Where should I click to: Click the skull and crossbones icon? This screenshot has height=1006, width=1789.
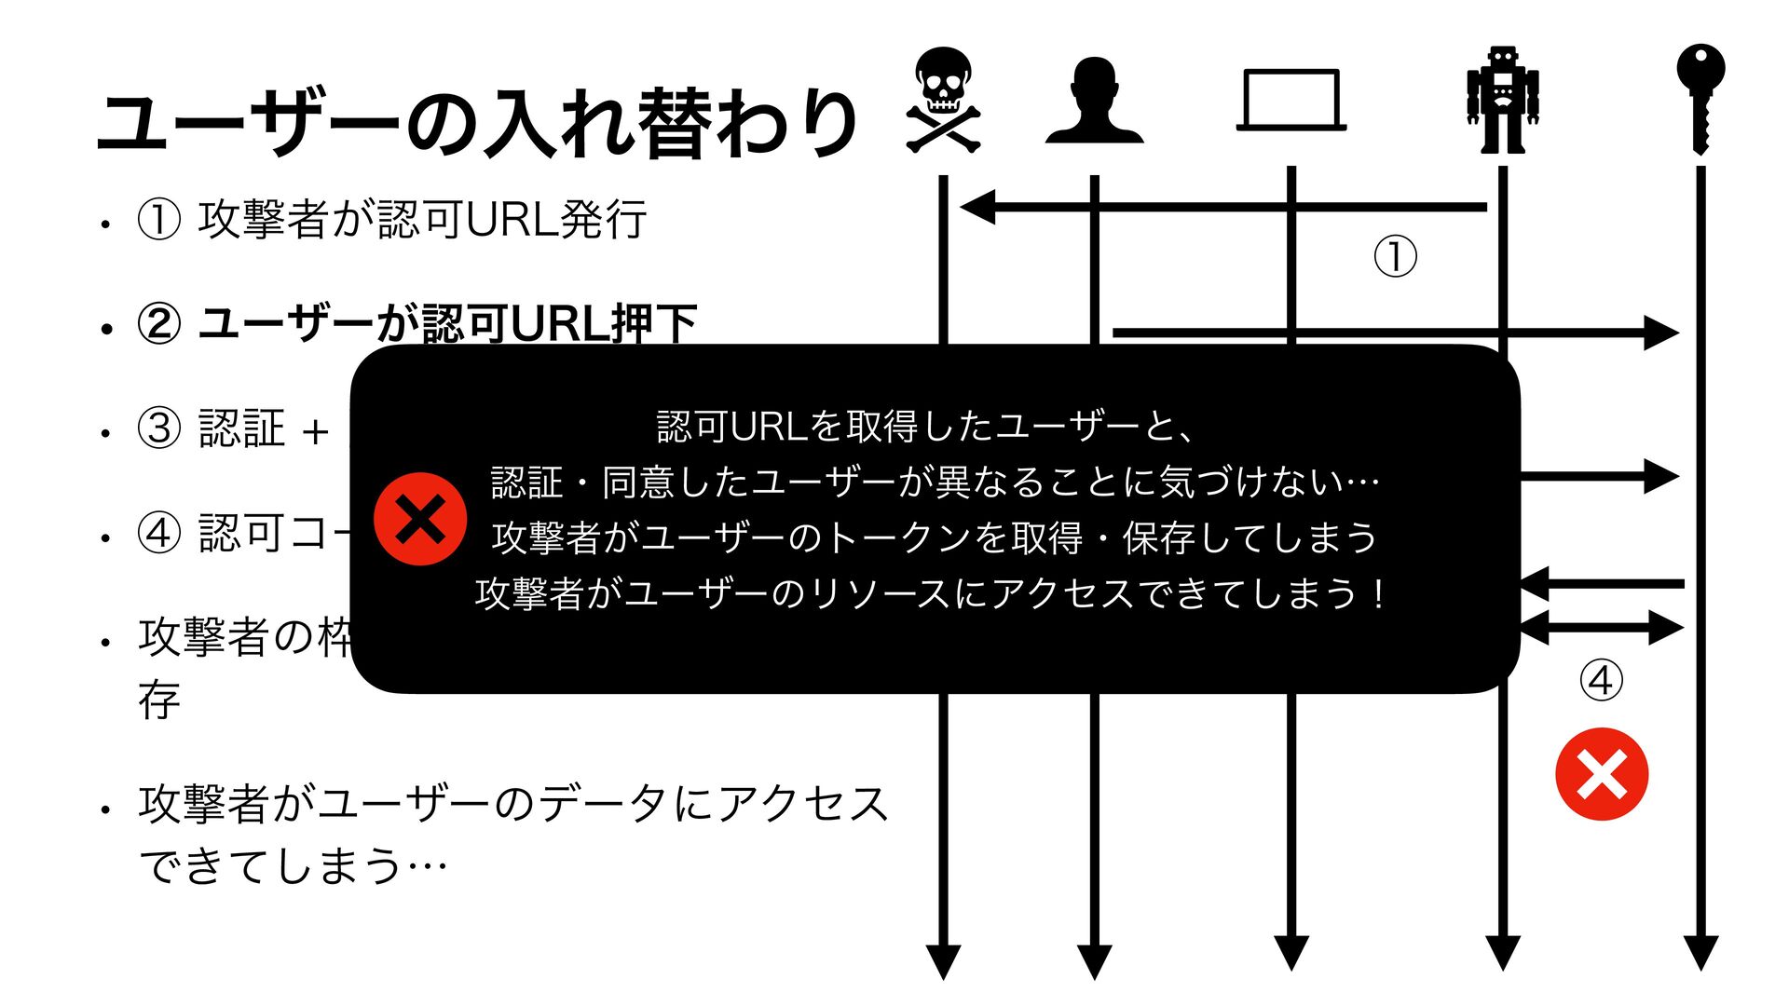(943, 101)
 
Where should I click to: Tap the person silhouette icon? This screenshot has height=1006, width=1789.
(1094, 101)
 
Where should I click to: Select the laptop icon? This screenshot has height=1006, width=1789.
(1291, 101)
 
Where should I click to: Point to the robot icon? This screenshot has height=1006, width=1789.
(1502, 101)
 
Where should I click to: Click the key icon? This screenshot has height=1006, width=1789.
(1700, 98)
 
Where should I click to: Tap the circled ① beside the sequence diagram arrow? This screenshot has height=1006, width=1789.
(1395, 257)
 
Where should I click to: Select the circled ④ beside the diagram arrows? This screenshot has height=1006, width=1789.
(1601, 681)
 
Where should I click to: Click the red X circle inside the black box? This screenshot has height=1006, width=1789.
(420, 519)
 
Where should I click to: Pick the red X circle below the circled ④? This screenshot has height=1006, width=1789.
(1602, 774)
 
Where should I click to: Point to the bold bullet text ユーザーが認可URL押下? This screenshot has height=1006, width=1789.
(447, 323)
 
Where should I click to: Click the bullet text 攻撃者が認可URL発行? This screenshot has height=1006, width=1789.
(422, 220)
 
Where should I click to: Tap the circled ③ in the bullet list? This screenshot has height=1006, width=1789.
(158, 428)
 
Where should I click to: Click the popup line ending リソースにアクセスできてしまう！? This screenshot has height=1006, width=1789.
(932, 593)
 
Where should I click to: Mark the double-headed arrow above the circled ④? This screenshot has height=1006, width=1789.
(1601, 628)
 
